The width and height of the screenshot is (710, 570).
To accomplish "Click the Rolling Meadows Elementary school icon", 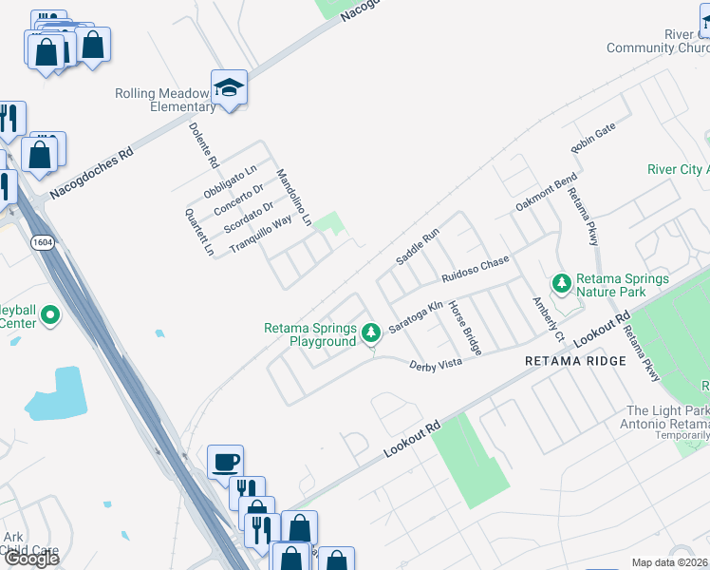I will (x=229, y=88).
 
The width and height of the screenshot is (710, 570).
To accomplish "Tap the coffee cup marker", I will (x=225, y=463).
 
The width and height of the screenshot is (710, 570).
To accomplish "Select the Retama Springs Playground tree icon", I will (x=371, y=332).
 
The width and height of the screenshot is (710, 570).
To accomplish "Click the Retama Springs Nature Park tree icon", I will (x=562, y=283).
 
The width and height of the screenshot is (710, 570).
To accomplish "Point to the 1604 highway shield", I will (x=41, y=243).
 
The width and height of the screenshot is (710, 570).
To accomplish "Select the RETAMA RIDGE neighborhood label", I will (x=576, y=361).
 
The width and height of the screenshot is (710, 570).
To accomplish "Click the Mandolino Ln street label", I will (x=293, y=198).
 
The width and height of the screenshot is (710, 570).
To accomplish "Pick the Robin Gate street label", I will (x=593, y=139).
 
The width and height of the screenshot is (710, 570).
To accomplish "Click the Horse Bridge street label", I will (x=466, y=328).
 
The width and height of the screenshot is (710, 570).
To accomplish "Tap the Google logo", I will (x=30, y=559).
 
